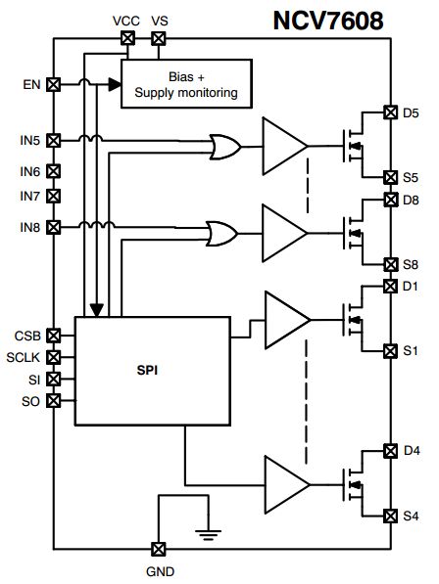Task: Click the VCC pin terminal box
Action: [x=126, y=38]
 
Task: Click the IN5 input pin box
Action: [x=54, y=140]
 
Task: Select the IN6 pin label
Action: [x=30, y=171]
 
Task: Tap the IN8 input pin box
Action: [x=54, y=226]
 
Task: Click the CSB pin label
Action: [x=27, y=336]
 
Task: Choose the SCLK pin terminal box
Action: [x=54, y=357]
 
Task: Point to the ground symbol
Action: [x=205, y=532]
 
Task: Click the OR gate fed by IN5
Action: [x=226, y=147]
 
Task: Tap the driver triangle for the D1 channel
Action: [x=285, y=319]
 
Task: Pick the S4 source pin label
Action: [x=411, y=515]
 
